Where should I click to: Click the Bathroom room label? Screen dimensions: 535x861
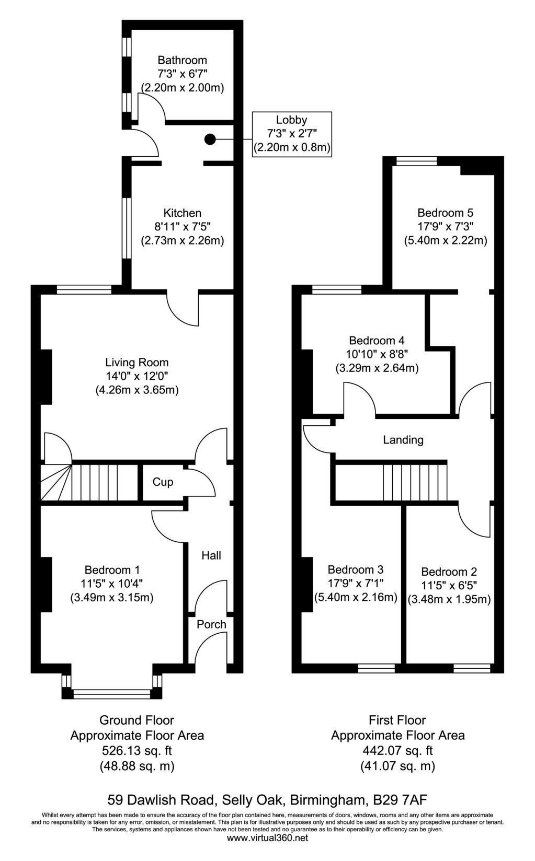coord(182,61)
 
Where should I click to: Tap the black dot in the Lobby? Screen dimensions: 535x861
coord(210,139)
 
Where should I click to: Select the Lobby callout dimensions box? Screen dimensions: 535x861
coord(292,134)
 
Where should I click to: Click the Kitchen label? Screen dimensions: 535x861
coord(182,213)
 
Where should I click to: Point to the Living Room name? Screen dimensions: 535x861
coord(137,363)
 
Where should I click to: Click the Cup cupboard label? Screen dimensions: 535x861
coord(163,482)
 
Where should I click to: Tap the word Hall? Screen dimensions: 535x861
coord(211,555)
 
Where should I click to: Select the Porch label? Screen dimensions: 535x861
coord(211,624)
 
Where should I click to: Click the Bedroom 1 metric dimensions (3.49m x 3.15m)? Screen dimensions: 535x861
coord(111,598)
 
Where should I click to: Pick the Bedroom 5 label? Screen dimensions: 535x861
coord(446,213)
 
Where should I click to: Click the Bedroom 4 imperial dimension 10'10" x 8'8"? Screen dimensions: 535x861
coord(377,354)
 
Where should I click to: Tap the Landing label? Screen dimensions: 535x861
coord(403,440)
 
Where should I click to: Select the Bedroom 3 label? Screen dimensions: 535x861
coord(355,569)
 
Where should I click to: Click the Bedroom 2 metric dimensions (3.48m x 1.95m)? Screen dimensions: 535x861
coord(449,600)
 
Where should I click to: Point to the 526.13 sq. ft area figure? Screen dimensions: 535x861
coord(136,750)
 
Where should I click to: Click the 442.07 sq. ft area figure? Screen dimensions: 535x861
coord(397,750)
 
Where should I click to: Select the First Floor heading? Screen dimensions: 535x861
coord(397,720)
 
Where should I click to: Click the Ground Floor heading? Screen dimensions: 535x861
coord(136,720)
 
